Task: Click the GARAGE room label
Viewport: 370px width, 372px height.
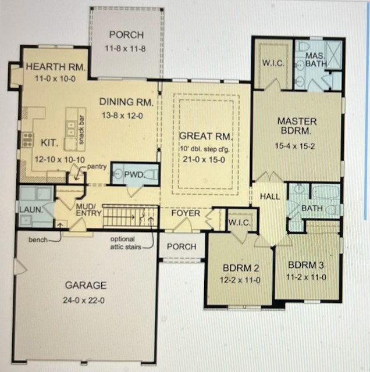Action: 86,285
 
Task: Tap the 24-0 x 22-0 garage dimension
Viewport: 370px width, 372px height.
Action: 86,301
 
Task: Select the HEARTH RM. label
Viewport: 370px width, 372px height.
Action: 56,67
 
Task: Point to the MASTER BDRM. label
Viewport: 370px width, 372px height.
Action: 297,126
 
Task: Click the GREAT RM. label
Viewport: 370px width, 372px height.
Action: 205,137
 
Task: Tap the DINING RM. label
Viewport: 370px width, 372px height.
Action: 126,102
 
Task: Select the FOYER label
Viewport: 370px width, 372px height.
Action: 186,213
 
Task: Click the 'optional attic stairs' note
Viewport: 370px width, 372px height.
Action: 122,242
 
